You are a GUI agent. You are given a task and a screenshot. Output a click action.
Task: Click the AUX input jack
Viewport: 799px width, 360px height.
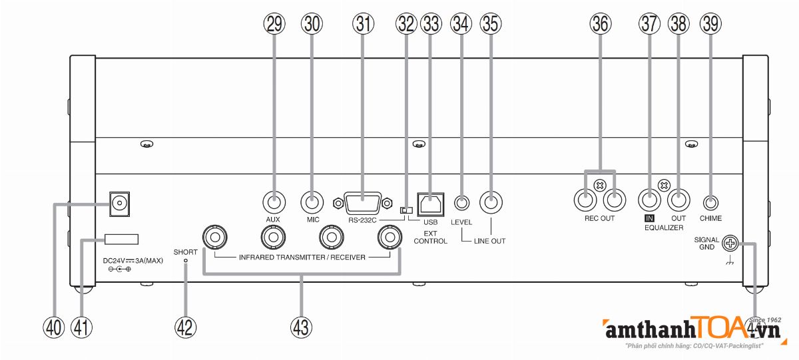272,200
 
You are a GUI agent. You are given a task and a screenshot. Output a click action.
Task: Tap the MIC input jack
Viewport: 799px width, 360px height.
310,200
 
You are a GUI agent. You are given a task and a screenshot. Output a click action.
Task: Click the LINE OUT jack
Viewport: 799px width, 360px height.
492,200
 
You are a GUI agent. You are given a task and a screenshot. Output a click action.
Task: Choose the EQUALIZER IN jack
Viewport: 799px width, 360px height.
649,199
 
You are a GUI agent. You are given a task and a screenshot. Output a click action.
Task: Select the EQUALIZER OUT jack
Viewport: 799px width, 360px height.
678,199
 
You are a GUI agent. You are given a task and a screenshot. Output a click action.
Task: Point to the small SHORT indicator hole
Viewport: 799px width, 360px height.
186,262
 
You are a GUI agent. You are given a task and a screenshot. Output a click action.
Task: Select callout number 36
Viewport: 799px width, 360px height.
600,24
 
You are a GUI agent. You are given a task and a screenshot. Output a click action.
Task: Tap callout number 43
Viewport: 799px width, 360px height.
301,326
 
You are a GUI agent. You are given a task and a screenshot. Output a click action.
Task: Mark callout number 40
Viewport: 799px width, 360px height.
53,326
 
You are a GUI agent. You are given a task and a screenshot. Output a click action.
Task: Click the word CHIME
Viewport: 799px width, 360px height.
710,218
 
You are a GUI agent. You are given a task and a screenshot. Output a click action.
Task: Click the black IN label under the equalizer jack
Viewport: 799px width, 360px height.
649,218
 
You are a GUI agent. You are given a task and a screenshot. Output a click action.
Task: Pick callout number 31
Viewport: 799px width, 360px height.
363,24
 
